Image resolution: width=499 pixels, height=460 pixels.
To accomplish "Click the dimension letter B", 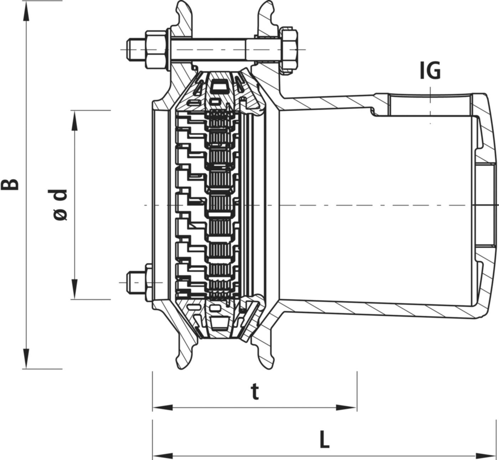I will coord(12,184).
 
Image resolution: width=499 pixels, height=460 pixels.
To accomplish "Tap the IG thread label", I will coord(430,71).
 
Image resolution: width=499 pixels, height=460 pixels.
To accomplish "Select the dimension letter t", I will coord(254,393).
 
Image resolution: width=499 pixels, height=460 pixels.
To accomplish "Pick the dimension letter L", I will coord(324,441).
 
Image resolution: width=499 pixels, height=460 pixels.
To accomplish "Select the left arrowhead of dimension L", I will coord(163,456).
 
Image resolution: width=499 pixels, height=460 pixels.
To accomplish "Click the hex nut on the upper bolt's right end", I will coord(289,49).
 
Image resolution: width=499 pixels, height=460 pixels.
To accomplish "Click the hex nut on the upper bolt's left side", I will coord(156,49).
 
